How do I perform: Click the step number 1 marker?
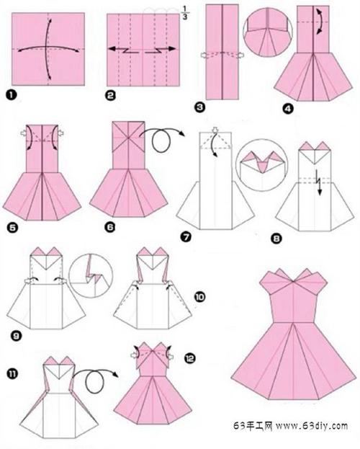coord(11,95)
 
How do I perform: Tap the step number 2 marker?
coord(111,95)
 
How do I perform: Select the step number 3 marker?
coord(199,107)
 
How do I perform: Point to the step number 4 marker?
coord(288,109)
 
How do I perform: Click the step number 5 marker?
coord(12,228)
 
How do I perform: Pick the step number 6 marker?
coord(110,227)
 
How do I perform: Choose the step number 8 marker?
coord(276,239)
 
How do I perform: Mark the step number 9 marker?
coord(17,335)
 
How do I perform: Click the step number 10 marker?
coord(200,297)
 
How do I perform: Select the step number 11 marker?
coord(12,374)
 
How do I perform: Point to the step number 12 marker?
coord(190,358)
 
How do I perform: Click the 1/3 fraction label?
coord(185,14)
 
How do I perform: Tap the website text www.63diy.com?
coord(312,426)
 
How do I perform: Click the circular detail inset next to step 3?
coord(268,32)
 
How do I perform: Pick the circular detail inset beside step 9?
coord(91,275)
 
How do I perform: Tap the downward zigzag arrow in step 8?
coord(318,182)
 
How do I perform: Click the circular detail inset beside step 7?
coord(261,165)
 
